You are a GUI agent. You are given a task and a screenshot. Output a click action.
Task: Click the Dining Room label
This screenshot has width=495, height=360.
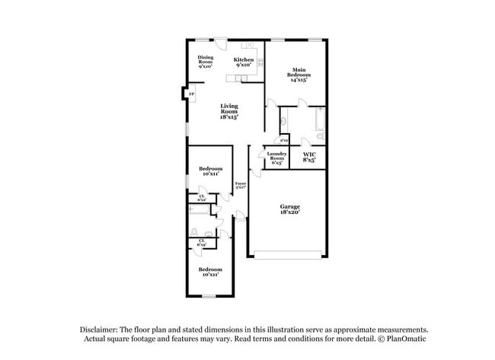(x=206, y=62)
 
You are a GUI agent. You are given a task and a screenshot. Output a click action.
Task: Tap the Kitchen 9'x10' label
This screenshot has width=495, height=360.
(x=244, y=62)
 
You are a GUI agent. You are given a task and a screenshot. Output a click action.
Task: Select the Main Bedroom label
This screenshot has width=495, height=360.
(x=299, y=75)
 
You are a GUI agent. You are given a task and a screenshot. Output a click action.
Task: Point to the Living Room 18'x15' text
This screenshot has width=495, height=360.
(x=229, y=111)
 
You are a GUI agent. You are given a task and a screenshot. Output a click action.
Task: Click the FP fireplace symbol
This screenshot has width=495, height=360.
(x=191, y=94)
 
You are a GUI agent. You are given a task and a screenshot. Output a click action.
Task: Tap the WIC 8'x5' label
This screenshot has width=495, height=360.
(x=310, y=157)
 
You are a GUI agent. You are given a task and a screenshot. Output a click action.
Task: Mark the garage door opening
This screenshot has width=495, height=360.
(x=287, y=256)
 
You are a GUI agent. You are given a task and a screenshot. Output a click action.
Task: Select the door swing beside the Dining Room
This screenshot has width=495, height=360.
(x=221, y=43)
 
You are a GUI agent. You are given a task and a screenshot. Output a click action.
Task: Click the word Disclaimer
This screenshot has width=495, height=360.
(x=101, y=329)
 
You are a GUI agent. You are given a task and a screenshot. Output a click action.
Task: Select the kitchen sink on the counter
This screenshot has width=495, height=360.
(x=243, y=76)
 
